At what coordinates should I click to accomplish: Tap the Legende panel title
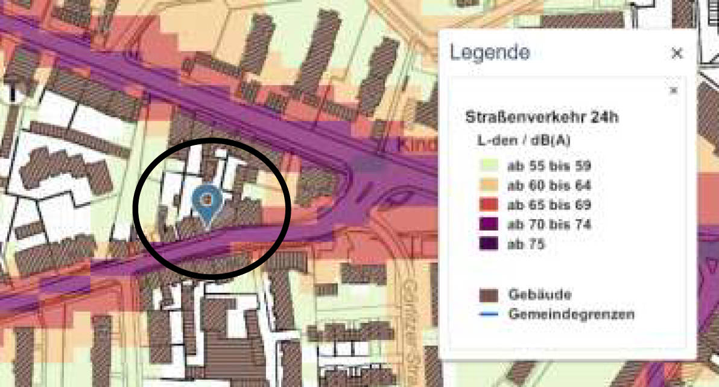pos(490,53)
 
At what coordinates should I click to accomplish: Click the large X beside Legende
pos(677,53)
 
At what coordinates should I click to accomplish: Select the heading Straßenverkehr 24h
pos(542,117)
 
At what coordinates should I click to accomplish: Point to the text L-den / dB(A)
pos(524,141)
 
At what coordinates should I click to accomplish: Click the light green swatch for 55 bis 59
pos(489,165)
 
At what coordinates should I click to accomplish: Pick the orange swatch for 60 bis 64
pos(489,185)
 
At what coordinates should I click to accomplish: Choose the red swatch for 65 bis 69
pos(489,205)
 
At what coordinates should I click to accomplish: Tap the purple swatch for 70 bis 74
pos(489,225)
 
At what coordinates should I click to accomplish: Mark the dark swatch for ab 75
pos(489,244)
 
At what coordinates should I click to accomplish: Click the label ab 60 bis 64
pos(549,185)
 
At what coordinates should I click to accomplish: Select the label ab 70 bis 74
pos(549,225)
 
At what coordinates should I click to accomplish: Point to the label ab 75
pos(527,244)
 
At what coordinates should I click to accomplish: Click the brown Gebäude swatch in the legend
pos(489,295)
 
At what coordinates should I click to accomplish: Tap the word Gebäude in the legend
pos(539,295)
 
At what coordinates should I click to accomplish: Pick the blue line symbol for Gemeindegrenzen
pos(489,315)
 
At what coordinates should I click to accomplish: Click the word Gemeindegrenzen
pos(571,315)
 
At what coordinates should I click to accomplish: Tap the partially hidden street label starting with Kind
pos(417,145)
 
